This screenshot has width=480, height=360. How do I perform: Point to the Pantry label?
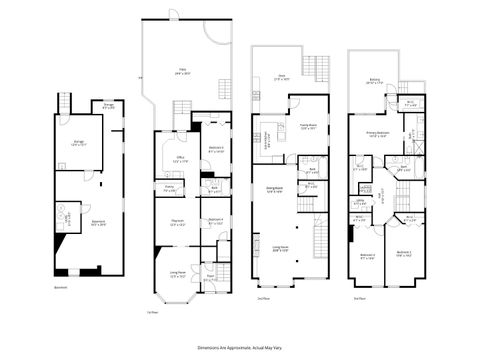tap(169, 188)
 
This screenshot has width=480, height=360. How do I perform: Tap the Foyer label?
tap(210, 279)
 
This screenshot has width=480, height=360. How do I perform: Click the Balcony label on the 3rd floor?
tap(373, 83)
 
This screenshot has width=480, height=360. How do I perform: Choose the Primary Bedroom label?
tap(376, 133)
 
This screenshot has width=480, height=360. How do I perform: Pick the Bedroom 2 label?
tap(403, 252)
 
